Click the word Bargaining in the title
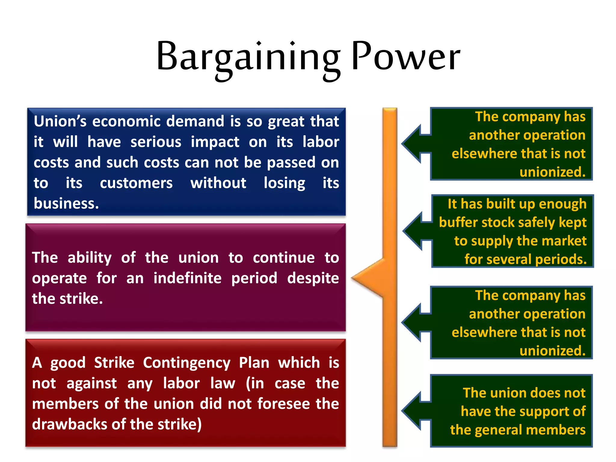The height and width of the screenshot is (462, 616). tap(248, 57)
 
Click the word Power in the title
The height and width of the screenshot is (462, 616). tap(405, 57)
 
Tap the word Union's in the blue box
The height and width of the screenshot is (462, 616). tap(60, 121)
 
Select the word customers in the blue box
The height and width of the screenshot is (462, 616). tap(136, 183)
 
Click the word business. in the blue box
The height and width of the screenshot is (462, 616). tap(66, 204)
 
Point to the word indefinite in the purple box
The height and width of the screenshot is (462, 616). tap(187, 278)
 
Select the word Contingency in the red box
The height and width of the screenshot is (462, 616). tap(186, 363)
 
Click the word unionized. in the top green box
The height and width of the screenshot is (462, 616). tap(552, 172)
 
